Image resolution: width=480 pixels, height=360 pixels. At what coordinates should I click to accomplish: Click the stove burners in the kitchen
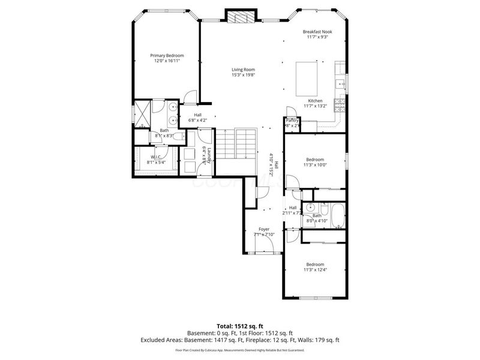pyautogui.click(x=339, y=108)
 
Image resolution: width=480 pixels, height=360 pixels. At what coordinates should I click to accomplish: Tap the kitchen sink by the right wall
pyautogui.click(x=340, y=83)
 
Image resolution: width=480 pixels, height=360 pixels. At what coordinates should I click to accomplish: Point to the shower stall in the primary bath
pyautogui.click(x=143, y=113)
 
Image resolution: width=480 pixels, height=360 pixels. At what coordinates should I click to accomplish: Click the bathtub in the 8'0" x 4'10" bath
pyautogui.click(x=336, y=217)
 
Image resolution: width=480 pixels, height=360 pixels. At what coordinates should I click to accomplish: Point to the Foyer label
pyautogui.click(x=264, y=230)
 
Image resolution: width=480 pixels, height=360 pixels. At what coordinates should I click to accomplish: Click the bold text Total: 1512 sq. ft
pyautogui.click(x=239, y=326)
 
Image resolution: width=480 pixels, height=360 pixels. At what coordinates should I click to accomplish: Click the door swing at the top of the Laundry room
pyautogui.click(x=204, y=134)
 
